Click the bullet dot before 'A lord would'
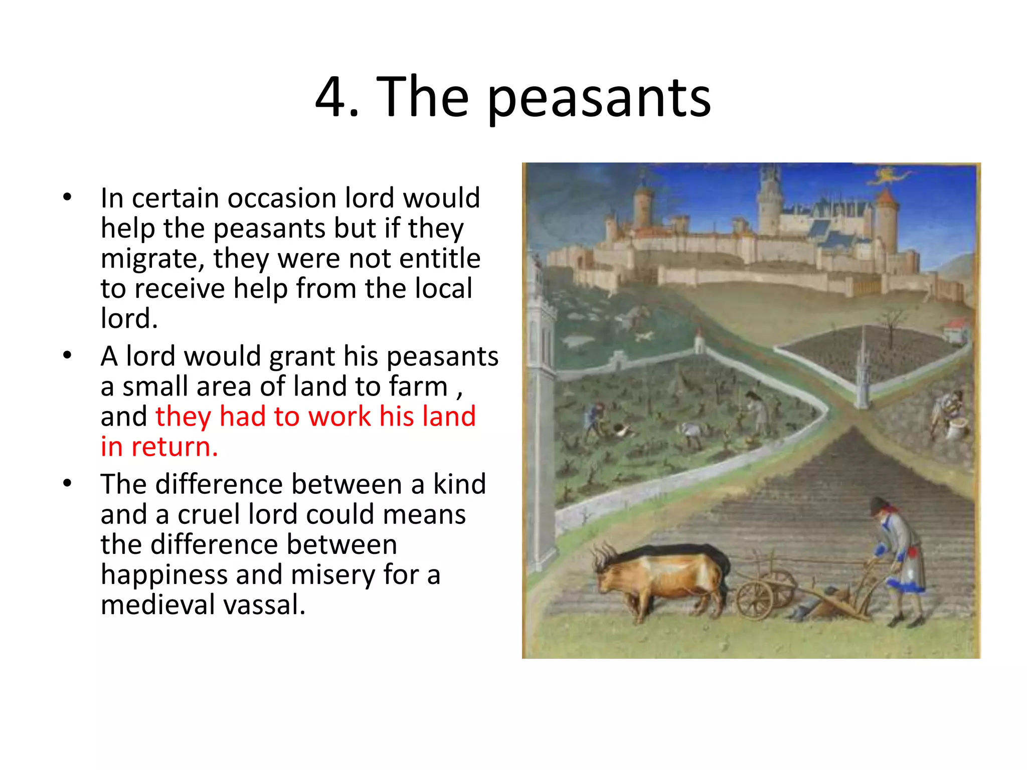pos(68,355)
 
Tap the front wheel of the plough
pos(754,600)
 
